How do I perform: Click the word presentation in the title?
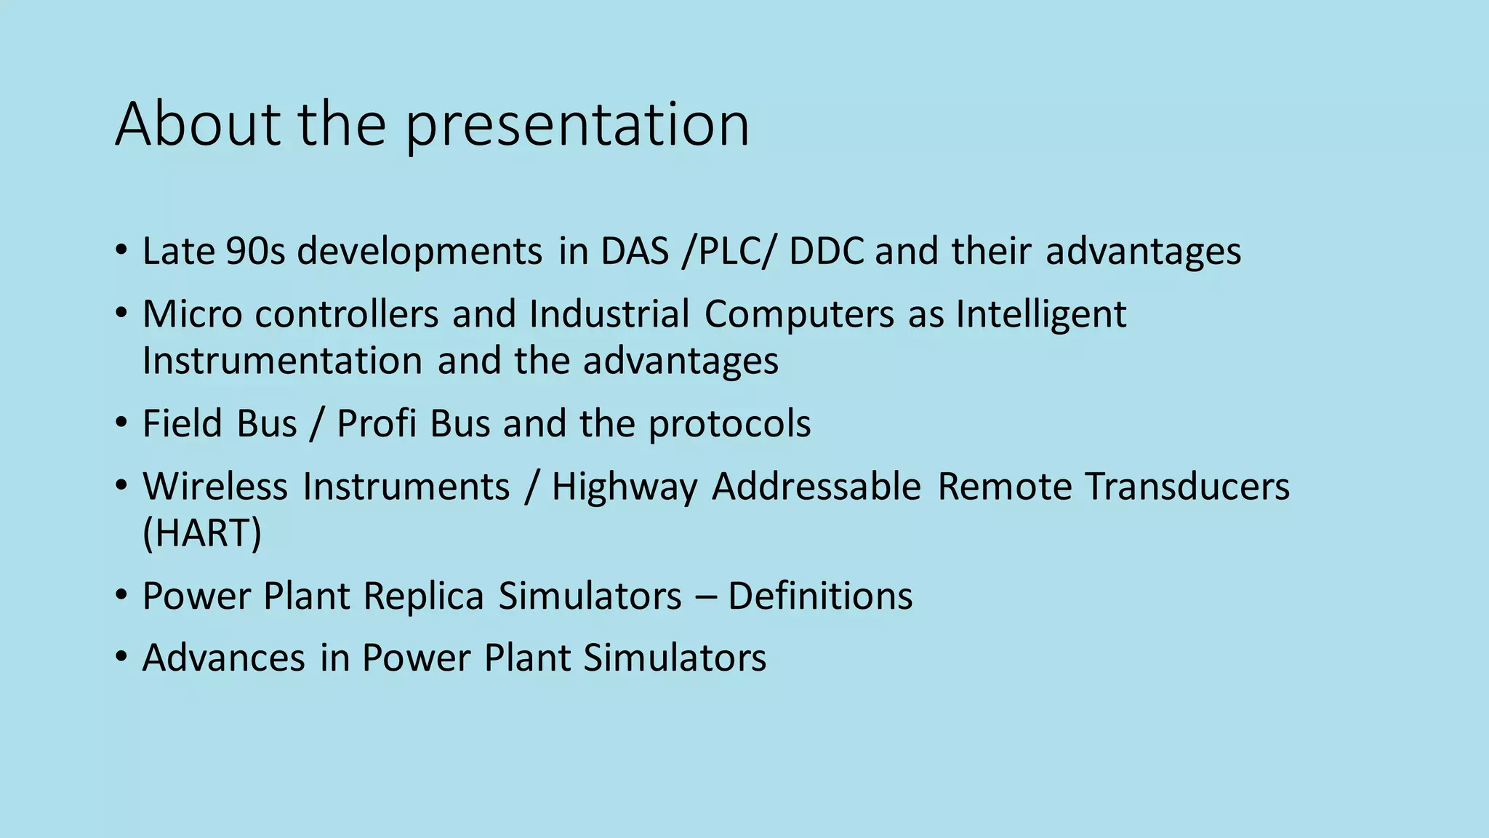577,125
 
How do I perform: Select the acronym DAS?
634,252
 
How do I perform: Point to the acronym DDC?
826,252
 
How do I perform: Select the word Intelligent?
1040,316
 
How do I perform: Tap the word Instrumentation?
282,361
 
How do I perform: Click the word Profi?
377,423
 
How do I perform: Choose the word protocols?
729,425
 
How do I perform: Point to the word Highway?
625,487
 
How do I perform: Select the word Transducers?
1187,486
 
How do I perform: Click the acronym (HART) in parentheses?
202,533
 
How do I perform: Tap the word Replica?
423,596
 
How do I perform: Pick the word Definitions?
820,596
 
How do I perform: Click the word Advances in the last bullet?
223,658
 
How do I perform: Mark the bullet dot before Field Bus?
121,423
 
